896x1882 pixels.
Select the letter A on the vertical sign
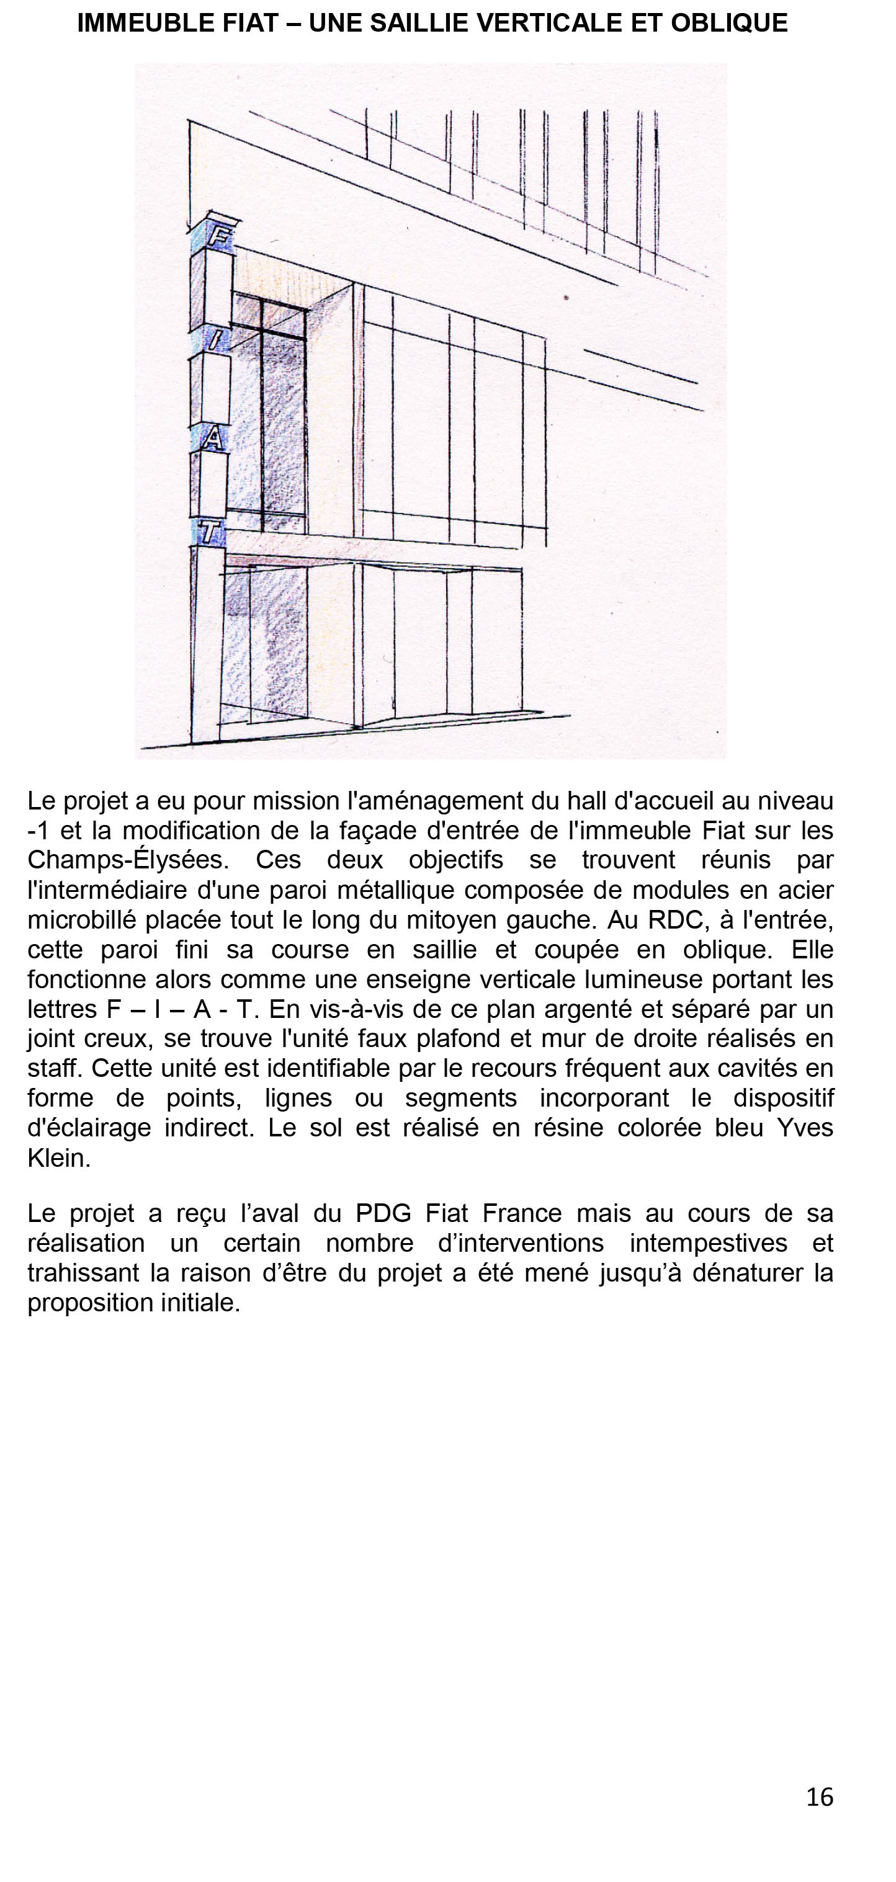point(213,439)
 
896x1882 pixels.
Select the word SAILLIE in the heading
point(420,24)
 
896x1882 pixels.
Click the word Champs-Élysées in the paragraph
point(128,860)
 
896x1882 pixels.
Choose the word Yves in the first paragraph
point(805,1128)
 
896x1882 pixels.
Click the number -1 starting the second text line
point(38,831)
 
